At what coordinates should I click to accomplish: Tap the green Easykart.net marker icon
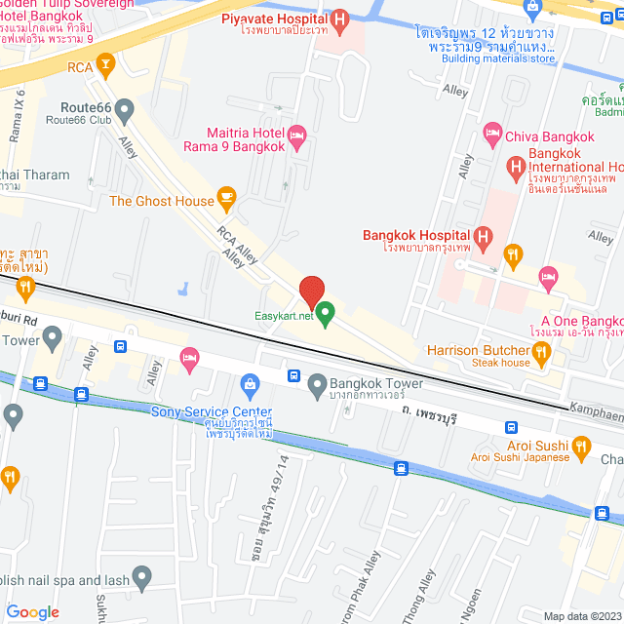326,314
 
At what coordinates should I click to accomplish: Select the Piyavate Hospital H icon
339,19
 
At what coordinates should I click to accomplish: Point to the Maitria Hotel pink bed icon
298,133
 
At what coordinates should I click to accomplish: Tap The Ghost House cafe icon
227,201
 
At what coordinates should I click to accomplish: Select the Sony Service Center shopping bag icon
251,382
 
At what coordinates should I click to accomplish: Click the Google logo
32,611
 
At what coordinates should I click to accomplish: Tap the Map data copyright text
581,616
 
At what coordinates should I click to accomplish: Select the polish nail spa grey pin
141,578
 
